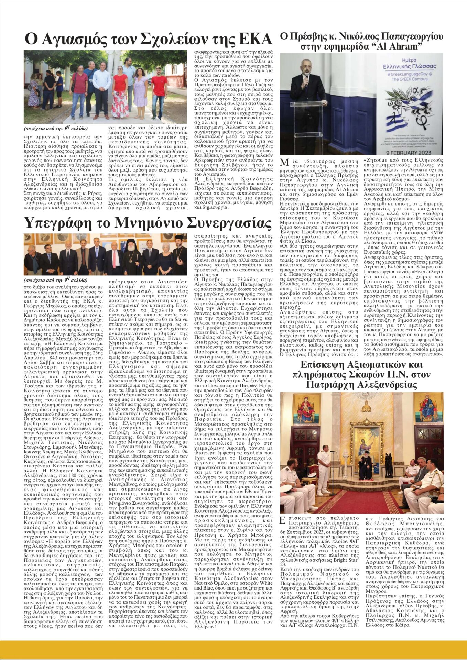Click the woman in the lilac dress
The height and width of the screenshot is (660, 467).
(140, 91)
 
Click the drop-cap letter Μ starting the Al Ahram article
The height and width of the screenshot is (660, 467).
(285, 163)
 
